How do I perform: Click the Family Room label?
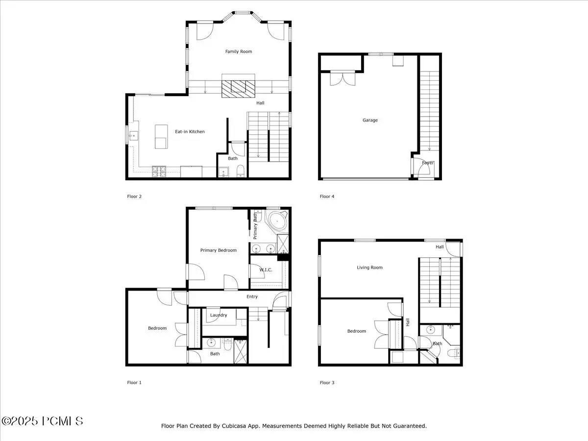click(x=239, y=51)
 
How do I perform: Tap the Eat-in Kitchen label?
click(x=190, y=131)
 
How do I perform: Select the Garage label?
click(x=370, y=120)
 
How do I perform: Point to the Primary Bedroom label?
click(x=219, y=250)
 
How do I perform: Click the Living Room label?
click(x=369, y=268)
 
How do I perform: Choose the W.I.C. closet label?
click(x=266, y=270)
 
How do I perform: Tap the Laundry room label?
click(x=219, y=315)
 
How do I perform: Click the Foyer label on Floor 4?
click(x=428, y=163)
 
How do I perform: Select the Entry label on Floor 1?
click(x=252, y=296)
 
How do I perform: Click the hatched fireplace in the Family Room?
click(x=238, y=89)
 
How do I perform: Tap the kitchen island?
click(x=161, y=137)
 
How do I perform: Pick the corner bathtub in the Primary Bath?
click(x=277, y=221)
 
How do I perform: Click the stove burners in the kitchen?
click(x=159, y=171)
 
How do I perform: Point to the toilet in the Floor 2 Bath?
click(x=241, y=171)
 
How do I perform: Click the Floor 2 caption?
click(x=134, y=196)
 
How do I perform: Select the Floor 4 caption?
click(x=327, y=196)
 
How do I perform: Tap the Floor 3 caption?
click(x=327, y=383)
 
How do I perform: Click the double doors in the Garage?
click(x=343, y=79)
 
